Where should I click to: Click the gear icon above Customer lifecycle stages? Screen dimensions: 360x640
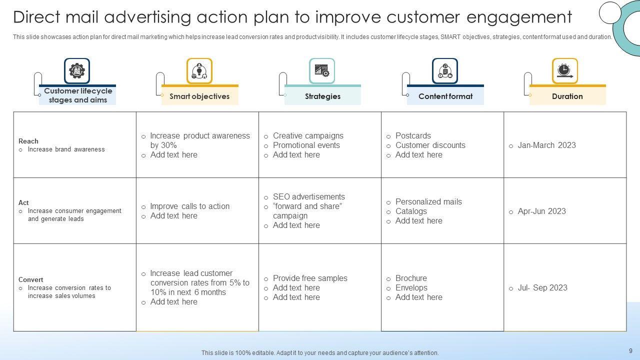click(77, 71)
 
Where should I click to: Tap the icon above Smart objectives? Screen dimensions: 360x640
click(199, 71)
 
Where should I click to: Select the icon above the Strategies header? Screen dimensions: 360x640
click(322, 71)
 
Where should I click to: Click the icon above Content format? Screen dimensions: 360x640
click(445, 71)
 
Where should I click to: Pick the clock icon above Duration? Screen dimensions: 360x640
click(565, 71)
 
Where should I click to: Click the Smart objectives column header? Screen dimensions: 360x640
click(199, 96)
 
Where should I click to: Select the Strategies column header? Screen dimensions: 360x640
click(322, 96)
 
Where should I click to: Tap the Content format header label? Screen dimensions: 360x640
click(445, 96)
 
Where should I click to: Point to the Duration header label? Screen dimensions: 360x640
click(567, 96)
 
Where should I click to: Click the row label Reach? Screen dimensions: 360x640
click(28, 141)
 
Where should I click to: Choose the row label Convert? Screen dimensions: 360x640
click(31, 279)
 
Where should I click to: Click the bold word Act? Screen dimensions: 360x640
click(23, 202)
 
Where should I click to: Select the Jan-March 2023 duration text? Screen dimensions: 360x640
click(546, 145)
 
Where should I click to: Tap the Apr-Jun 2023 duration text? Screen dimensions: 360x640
click(541, 211)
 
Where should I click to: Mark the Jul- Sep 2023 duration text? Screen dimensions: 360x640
click(542, 288)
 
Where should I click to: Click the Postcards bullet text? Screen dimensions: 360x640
click(413, 136)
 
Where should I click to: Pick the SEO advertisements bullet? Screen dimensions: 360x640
click(308, 197)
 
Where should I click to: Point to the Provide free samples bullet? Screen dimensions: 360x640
click(310, 278)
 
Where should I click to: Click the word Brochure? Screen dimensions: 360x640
click(411, 278)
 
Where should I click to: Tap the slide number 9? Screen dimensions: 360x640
click(630, 351)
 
